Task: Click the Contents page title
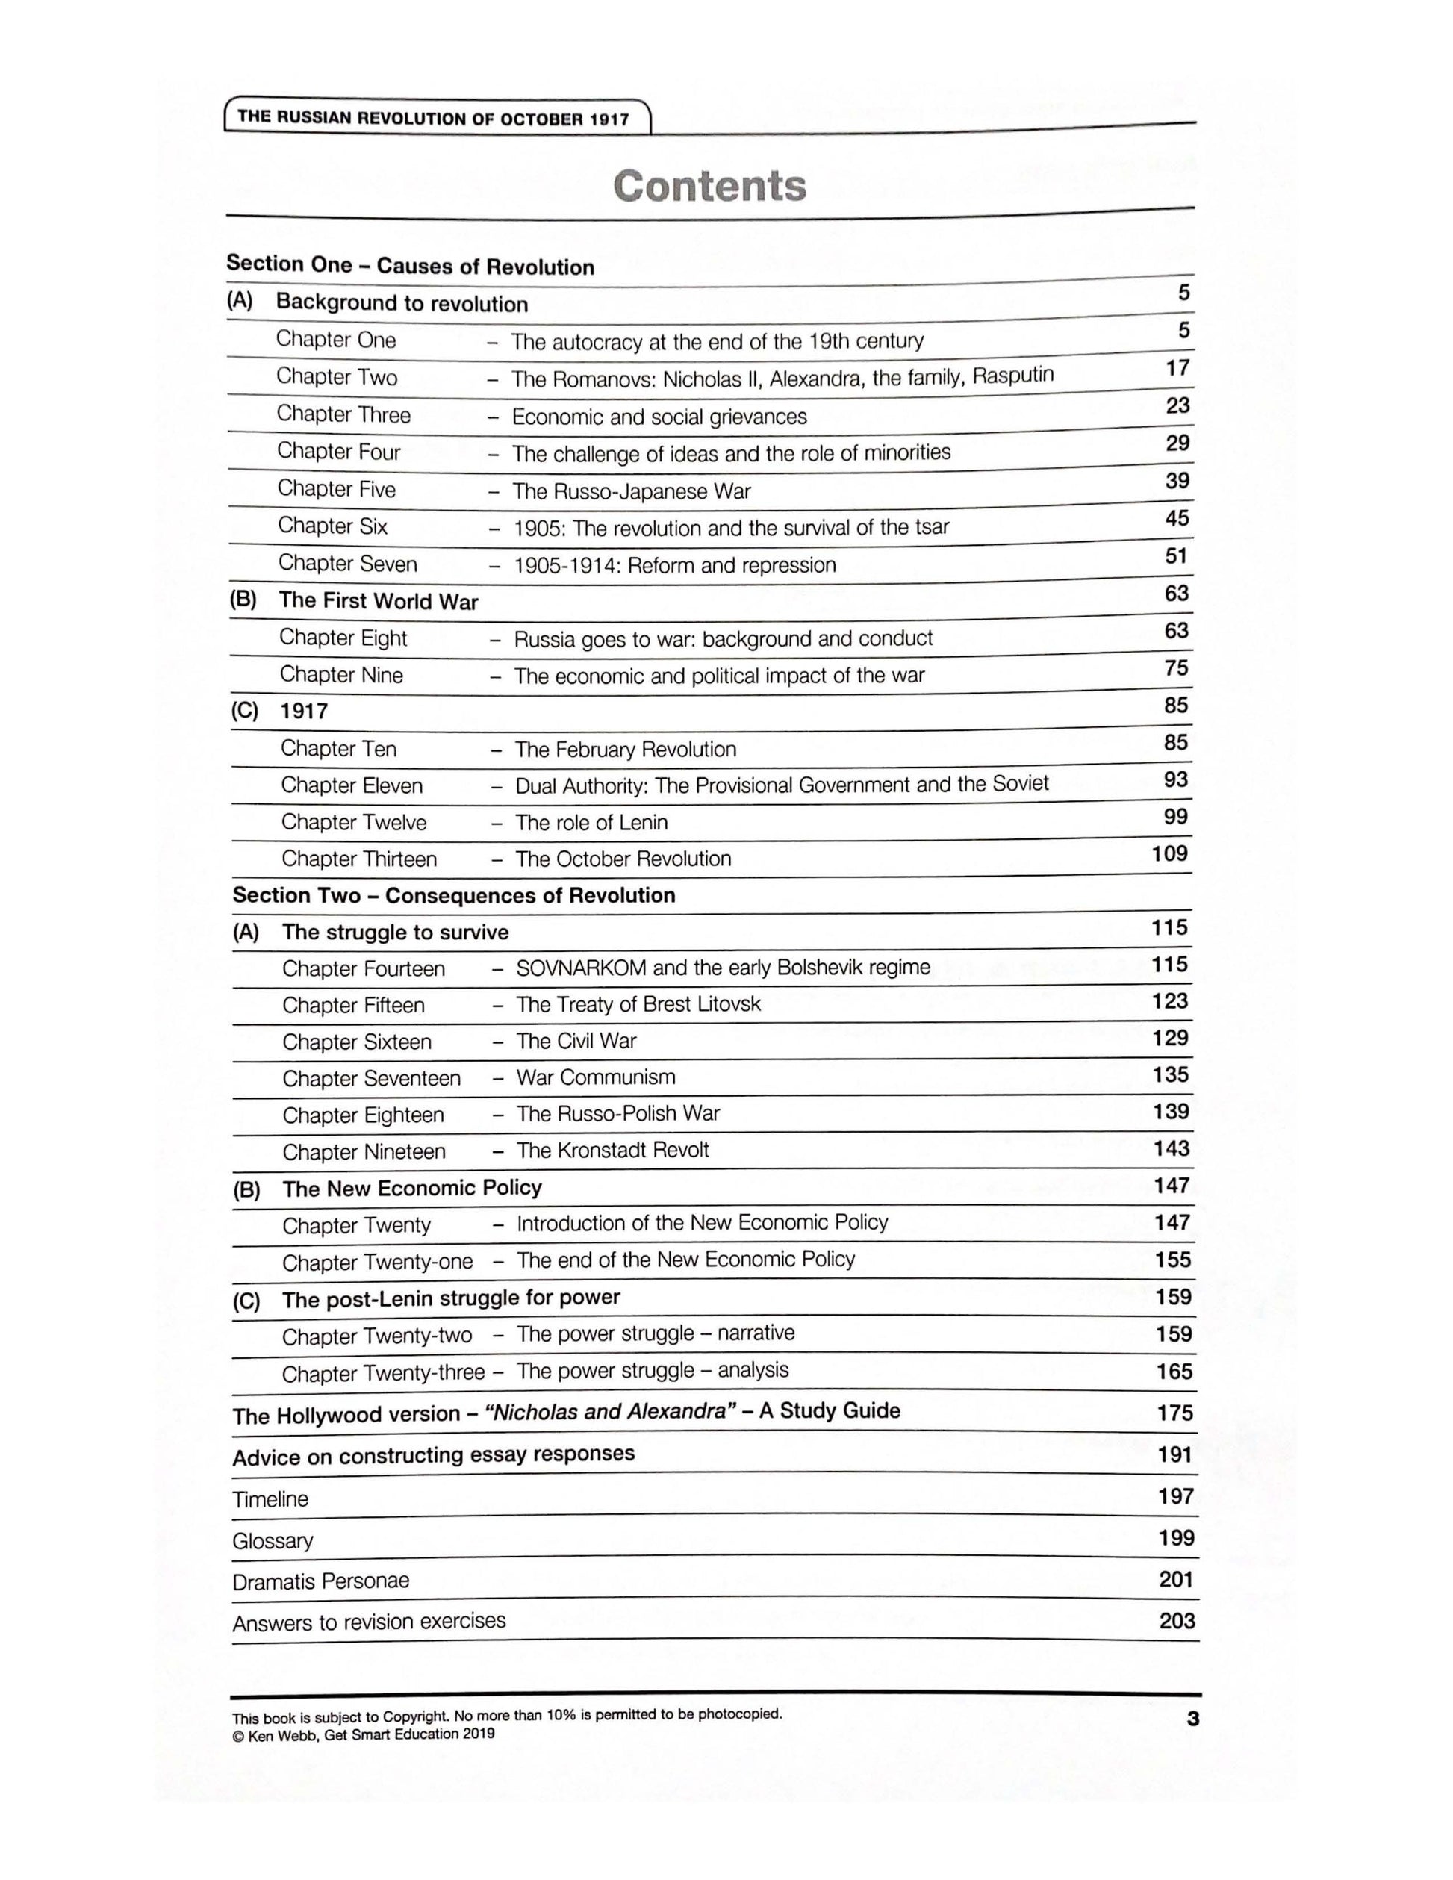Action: [x=709, y=186]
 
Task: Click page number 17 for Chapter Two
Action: [x=1177, y=368]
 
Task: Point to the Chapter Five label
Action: [x=336, y=489]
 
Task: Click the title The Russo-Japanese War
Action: [x=631, y=491]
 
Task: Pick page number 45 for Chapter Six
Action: [x=1177, y=518]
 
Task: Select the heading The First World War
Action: [x=378, y=601]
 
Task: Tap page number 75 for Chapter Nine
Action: [x=1176, y=668]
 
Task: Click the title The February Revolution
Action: [x=625, y=749]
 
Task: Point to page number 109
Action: [x=1169, y=854]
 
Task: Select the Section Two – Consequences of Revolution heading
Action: [x=454, y=895]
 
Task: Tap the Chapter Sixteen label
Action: [x=356, y=1042]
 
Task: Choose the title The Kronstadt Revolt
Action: [x=612, y=1150]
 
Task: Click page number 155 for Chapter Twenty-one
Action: [x=1172, y=1260]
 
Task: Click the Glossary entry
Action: [x=272, y=1540]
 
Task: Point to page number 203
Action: [x=1177, y=1621]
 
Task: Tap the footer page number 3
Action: [x=1192, y=1719]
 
